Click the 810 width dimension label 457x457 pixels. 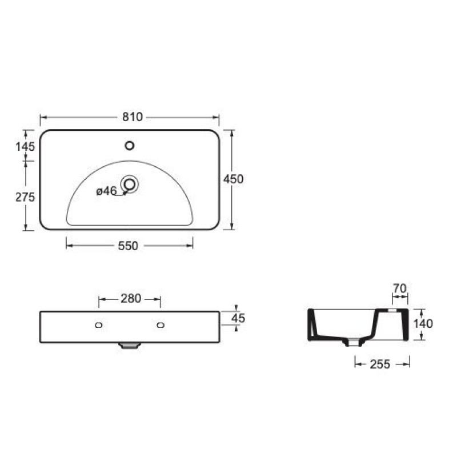tap(133, 117)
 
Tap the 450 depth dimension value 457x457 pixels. tap(233, 179)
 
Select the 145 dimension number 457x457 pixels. tap(25, 146)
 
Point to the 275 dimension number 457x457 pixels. tap(25, 197)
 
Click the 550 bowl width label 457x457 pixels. tap(128, 246)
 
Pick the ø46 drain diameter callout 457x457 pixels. tap(106, 191)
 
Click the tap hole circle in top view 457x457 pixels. tap(130, 146)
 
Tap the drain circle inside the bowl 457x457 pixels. tap(130, 184)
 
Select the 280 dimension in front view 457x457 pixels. tap(131, 298)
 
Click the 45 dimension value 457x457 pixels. tap(238, 318)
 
